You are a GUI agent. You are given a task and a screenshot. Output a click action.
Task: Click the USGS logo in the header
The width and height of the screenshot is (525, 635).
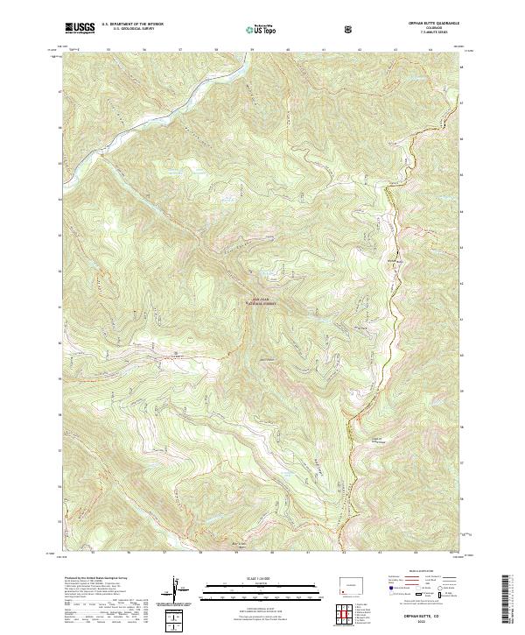point(79,28)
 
